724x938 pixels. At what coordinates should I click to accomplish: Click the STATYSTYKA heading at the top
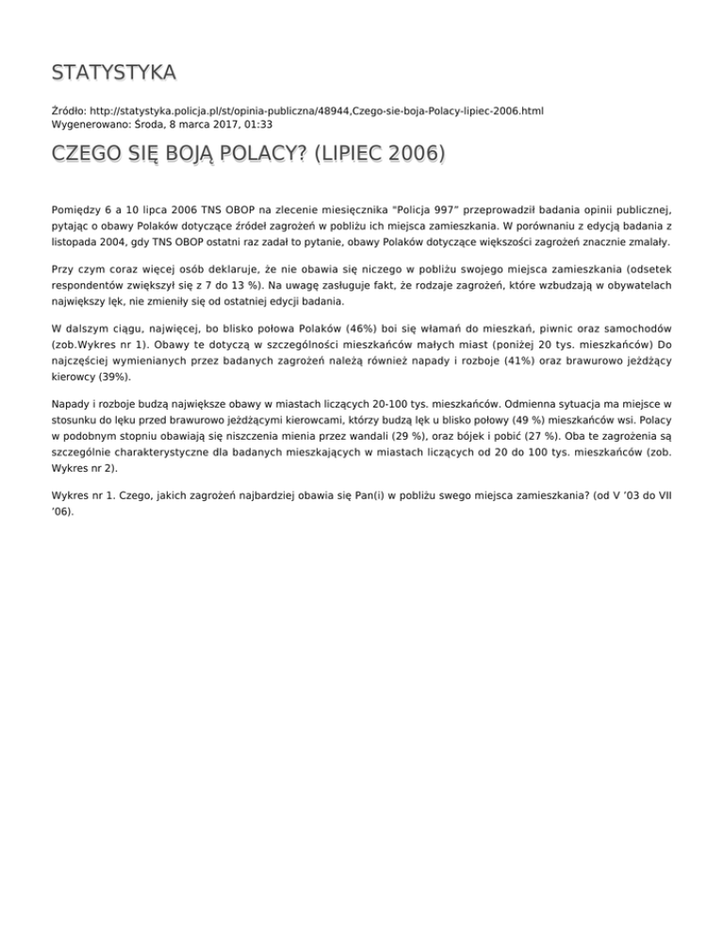[x=113, y=73]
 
